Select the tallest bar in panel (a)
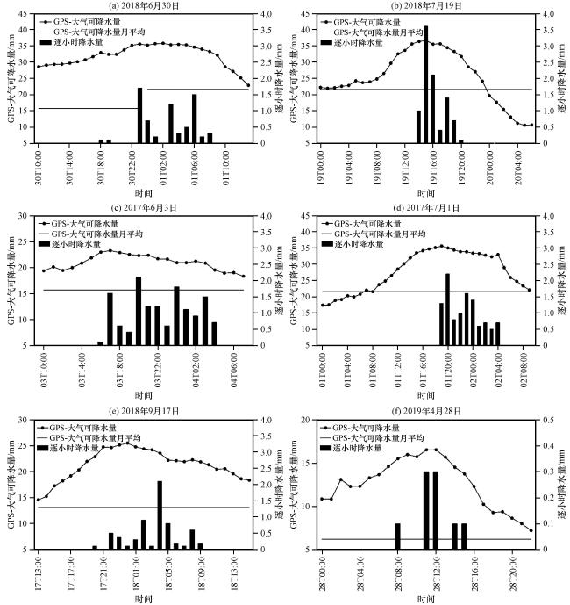coord(139,115)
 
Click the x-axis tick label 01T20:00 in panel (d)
coord(447,368)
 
